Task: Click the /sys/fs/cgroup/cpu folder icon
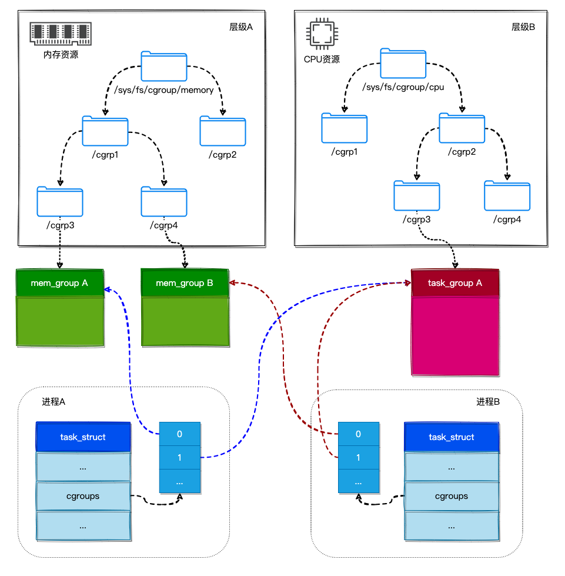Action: (x=403, y=63)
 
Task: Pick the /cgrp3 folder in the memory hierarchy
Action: (x=59, y=201)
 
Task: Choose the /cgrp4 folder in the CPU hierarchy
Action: (x=507, y=196)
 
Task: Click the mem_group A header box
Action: (x=60, y=284)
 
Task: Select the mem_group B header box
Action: (x=185, y=284)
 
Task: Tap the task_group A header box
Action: (x=455, y=283)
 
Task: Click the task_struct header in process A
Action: (x=83, y=437)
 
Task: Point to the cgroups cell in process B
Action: (x=452, y=496)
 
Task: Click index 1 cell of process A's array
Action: (x=179, y=457)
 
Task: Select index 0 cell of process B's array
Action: (x=358, y=434)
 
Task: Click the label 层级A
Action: (x=240, y=27)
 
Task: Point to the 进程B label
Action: (x=488, y=402)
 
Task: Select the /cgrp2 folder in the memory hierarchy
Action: (x=223, y=131)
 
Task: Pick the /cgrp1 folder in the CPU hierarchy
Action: (x=344, y=128)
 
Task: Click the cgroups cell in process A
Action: (x=83, y=496)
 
